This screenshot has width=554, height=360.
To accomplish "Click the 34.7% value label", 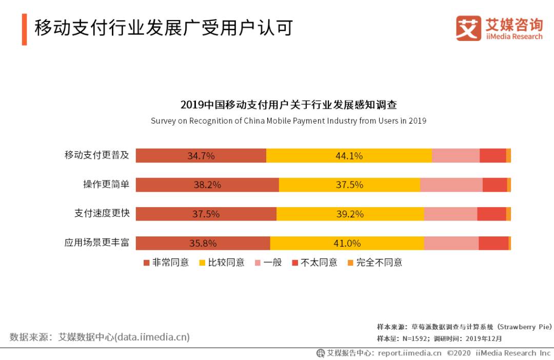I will (201, 156).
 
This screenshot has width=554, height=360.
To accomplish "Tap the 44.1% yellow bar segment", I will (349, 156).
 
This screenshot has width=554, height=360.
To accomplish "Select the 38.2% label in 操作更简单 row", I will (207, 185).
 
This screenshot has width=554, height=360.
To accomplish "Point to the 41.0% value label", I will (347, 244).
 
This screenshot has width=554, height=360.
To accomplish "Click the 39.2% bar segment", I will (350, 214).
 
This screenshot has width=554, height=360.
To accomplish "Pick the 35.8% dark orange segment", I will (203, 244).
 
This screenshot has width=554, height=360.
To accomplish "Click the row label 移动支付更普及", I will (97, 155).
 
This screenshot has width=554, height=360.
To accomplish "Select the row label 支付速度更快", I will (102, 213).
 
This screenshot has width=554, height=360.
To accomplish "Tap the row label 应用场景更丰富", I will (97, 243).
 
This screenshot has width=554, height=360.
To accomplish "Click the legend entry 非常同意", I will (166, 263).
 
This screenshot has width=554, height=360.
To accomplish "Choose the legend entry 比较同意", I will (222, 263).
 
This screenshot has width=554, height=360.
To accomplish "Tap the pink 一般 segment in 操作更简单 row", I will (451, 185).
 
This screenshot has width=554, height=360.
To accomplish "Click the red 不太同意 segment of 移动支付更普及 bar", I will (493, 156).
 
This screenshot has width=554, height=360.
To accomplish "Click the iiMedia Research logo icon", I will (468, 28).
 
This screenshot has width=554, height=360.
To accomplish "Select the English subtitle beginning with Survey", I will (288, 121).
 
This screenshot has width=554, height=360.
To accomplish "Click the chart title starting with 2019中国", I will (288, 105).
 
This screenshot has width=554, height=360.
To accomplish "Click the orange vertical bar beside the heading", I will (24, 30).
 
